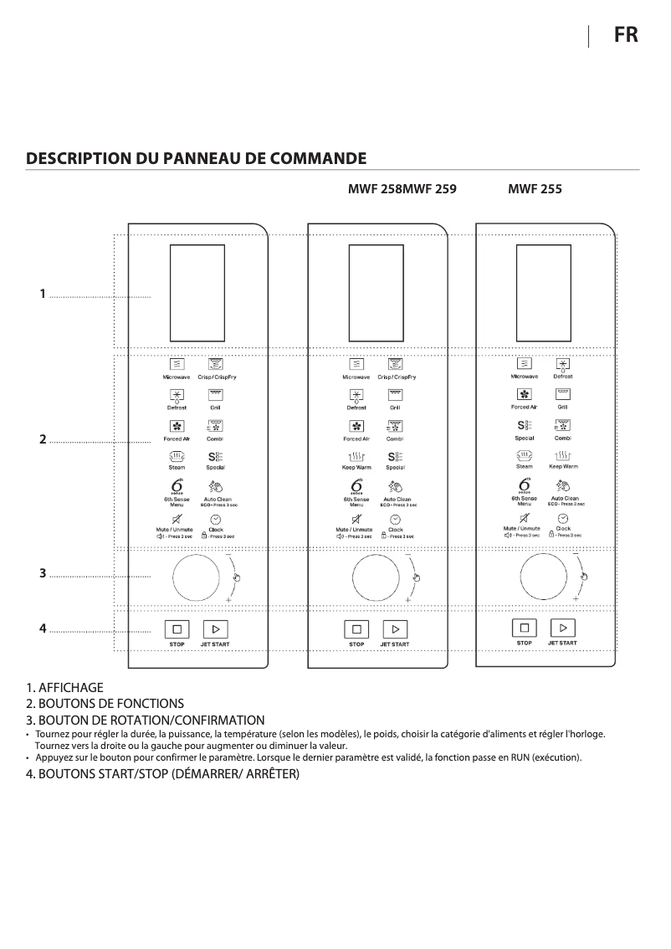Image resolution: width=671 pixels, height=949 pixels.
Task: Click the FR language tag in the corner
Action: point(626,35)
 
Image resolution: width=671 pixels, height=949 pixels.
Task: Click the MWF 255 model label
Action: point(535,189)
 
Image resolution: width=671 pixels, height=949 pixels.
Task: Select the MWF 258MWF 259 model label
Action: point(402,189)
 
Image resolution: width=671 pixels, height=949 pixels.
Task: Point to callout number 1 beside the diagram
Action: point(42,294)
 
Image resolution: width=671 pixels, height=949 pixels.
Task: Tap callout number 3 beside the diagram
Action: point(42,573)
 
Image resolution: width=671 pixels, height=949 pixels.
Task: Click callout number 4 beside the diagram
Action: point(42,628)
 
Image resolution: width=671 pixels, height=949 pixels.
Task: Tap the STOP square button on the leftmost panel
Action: point(177,629)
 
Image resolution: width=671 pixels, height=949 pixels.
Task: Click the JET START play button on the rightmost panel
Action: point(562,628)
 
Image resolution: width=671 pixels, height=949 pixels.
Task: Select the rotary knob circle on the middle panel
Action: point(376,577)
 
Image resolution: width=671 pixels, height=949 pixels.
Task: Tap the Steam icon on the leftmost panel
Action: point(177,456)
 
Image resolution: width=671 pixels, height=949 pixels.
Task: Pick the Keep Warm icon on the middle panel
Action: point(356,456)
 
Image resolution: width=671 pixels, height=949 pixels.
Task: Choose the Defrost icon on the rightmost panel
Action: point(562,364)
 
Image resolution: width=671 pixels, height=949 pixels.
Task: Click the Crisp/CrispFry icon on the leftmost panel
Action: point(215,364)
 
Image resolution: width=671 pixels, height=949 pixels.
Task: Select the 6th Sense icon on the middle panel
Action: point(356,486)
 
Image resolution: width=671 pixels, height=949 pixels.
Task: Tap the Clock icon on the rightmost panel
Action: point(563,519)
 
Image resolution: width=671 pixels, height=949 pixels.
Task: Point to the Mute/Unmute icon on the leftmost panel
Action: point(177,520)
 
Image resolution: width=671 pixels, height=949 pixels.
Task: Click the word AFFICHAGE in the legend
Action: point(71,687)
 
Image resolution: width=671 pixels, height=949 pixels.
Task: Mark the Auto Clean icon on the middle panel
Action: point(396,486)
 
